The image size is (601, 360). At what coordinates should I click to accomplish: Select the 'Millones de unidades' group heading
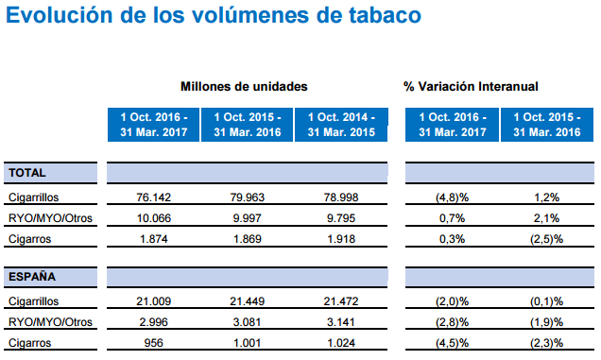click(244, 86)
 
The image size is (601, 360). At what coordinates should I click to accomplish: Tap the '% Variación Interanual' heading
click(471, 86)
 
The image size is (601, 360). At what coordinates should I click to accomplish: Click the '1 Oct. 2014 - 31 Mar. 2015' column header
click(338, 125)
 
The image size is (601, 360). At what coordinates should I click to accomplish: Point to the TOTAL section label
click(27, 174)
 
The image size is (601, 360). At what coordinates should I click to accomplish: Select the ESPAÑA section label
click(31, 278)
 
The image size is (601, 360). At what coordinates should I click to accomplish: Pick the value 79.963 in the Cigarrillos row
click(246, 199)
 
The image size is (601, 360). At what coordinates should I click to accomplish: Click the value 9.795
click(337, 219)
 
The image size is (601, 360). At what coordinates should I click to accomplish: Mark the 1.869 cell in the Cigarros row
click(246, 239)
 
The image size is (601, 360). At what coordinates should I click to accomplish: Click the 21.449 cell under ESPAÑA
click(246, 302)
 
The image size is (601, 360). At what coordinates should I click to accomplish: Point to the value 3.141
click(337, 322)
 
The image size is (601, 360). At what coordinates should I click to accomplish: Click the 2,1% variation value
click(545, 219)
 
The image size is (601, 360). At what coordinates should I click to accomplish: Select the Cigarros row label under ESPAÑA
click(29, 342)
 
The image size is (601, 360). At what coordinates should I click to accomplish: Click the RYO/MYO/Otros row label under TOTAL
click(48, 219)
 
